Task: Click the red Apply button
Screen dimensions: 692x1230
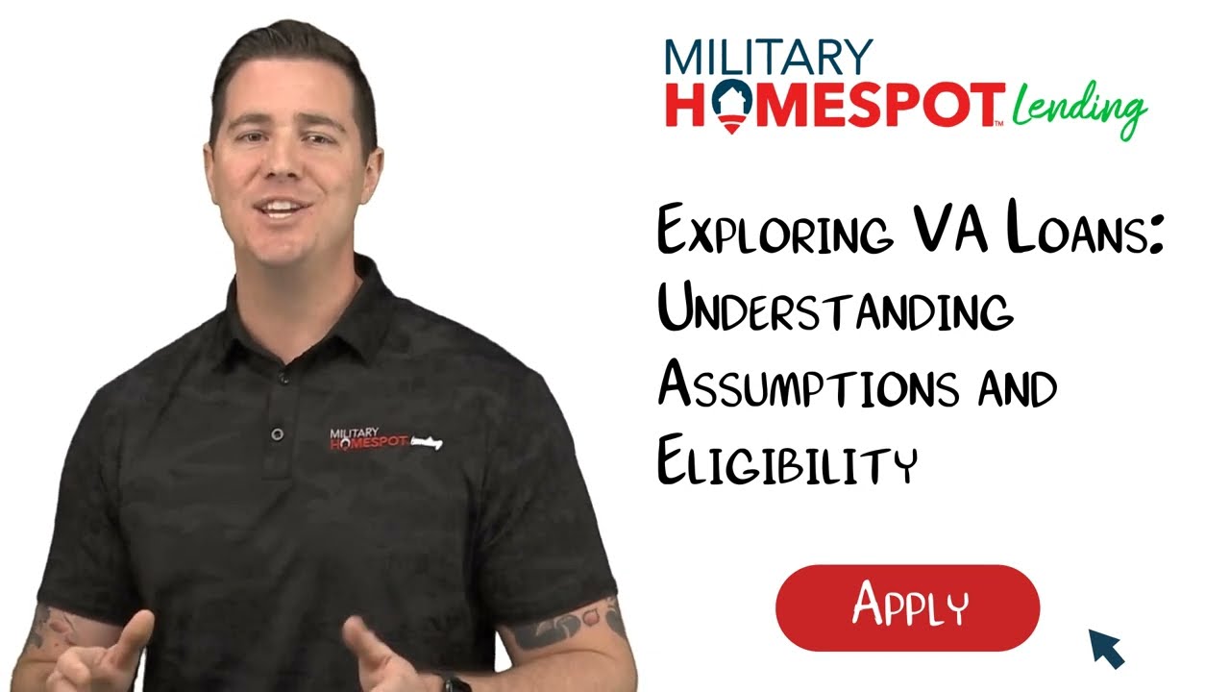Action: click(x=907, y=607)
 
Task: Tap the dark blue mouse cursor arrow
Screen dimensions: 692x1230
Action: click(x=1106, y=648)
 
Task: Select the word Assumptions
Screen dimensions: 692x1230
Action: click(x=807, y=386)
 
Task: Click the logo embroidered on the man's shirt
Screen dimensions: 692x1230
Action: click(x=385, y=439)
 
